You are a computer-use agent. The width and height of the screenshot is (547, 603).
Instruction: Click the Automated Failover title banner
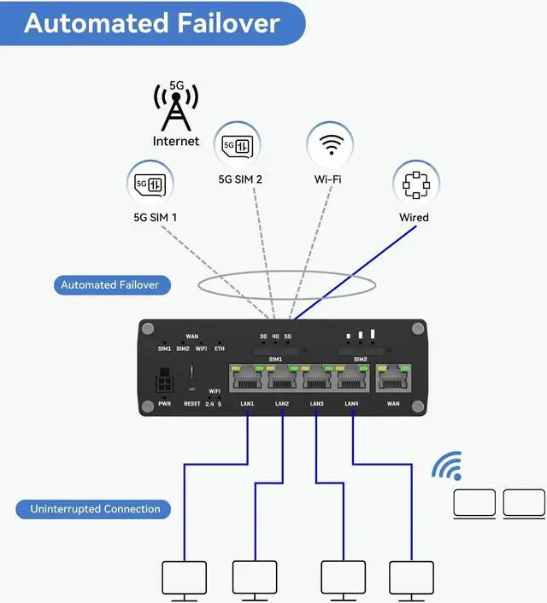(152, 22)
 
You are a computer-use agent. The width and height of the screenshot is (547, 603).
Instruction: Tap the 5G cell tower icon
(175, 106)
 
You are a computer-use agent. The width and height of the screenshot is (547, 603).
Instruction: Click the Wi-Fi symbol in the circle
(330, 144)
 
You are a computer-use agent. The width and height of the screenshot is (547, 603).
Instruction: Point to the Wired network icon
(415, 184)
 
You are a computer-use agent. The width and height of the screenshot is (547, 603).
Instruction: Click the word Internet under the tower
(176, 141)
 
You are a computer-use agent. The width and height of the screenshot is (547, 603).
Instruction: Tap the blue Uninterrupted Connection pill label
(95, 510)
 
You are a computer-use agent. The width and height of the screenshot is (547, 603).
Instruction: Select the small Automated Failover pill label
(110, 285)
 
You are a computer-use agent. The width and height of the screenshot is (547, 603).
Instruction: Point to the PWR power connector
(165, 382)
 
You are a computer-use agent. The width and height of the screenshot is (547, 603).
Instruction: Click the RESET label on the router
(191, 403)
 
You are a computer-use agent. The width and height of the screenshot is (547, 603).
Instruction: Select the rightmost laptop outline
(524, 503)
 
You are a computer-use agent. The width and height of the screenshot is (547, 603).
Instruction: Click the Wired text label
(414, 218)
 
